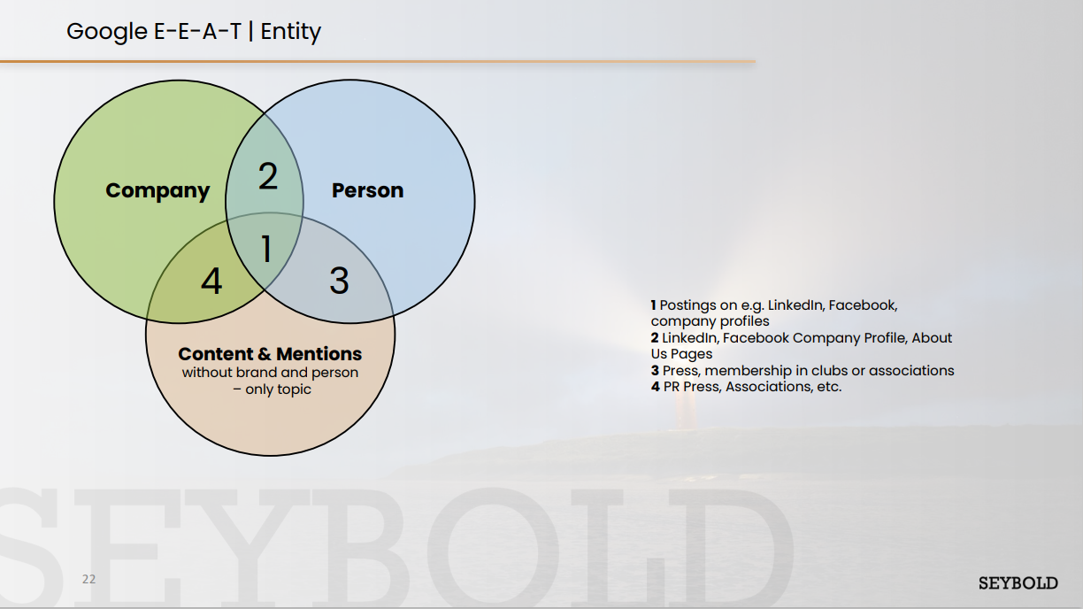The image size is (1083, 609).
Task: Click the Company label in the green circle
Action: (157, 191)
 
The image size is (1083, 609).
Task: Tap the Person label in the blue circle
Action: (367, 190)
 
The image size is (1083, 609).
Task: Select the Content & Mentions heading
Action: (270, 354)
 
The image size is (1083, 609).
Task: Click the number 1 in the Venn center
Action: (266, 249)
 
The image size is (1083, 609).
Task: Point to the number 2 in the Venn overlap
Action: (268, 175)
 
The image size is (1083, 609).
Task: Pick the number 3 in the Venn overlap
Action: (339, 281)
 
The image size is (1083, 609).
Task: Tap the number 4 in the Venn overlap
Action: (211, 281)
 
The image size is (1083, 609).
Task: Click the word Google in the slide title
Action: (107, 32)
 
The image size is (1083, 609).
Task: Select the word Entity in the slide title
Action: (290, 32)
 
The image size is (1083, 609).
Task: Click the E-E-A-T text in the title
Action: (197, 32)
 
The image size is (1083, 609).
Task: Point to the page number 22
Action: (89, 579)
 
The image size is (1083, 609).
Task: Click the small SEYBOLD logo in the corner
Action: (1018, 583)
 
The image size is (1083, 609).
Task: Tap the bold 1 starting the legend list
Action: (653, 305)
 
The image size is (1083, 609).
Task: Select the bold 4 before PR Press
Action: (655, 387)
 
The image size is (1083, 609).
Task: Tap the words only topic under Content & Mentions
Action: (278, 389)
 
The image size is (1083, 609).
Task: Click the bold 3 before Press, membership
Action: (655, 371)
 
